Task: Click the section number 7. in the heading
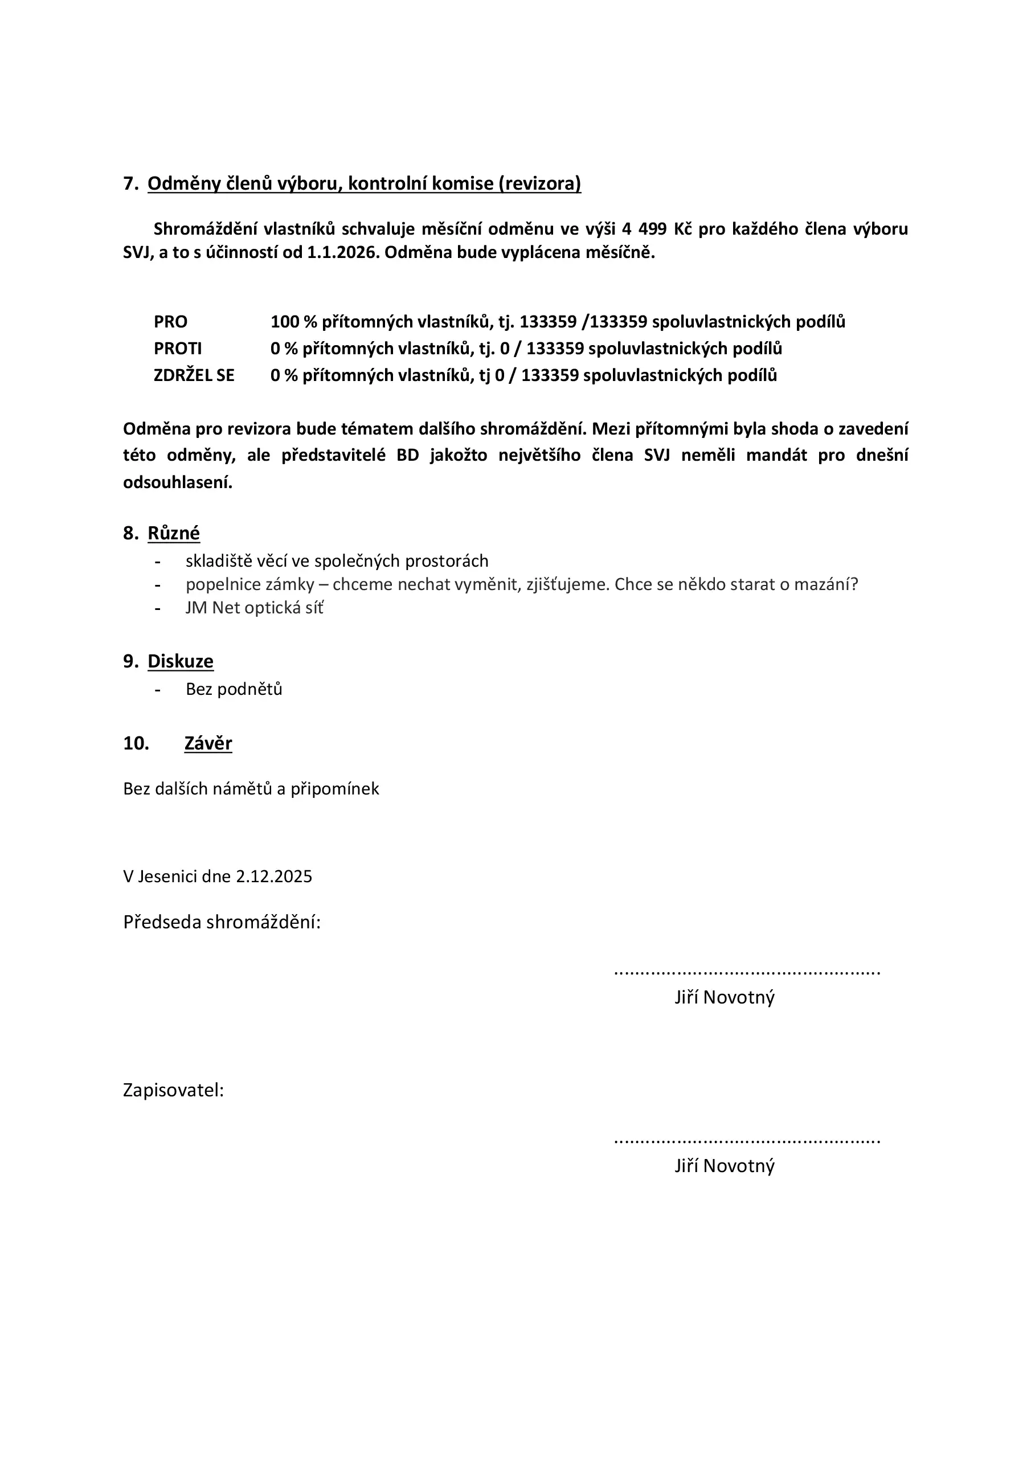(130, 183)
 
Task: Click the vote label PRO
(170, 322)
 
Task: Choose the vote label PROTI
(177, 349)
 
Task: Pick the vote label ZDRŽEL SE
(194, 375)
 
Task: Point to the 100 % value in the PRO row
(293, 322)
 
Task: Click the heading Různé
(173, 533)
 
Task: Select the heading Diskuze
(181, 661)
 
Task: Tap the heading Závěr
(208, 743)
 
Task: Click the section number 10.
(136, 743)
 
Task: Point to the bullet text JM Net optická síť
(254, 608)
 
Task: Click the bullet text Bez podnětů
(234, 689)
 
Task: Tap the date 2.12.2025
(274, 877)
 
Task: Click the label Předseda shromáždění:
(222, 922)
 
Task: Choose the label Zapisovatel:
(173, 1090)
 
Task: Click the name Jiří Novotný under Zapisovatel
(724, 1166)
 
